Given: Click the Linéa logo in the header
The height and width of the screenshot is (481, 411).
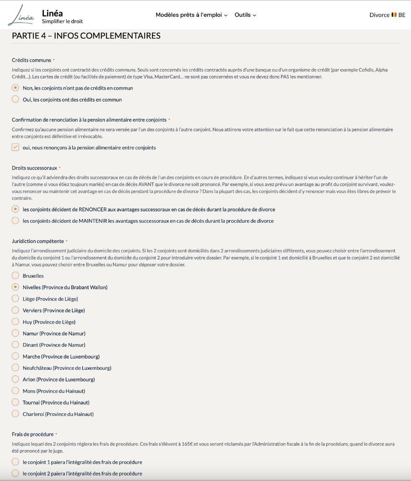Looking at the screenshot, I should point(22,15).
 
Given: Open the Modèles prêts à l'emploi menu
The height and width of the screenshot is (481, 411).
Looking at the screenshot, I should point(191,15).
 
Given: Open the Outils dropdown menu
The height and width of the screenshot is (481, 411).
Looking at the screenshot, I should point(245,15).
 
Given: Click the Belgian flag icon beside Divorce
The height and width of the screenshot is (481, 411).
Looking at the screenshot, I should point(394,15).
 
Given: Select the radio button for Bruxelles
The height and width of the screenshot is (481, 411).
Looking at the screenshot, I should point(15,276).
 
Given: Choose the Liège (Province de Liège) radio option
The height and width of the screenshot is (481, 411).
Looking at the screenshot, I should point(15,299).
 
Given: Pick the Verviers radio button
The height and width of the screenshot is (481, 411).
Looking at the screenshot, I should point(15,310).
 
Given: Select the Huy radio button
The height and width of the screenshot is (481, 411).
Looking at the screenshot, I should point(15,322).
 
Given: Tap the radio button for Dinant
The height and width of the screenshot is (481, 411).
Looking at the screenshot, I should point(15,345).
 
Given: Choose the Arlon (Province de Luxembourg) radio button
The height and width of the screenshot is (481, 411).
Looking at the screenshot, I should point(15,380).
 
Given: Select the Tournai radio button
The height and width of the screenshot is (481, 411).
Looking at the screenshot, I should point(15,403).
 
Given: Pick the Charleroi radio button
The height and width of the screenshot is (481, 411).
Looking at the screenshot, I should point(15,414).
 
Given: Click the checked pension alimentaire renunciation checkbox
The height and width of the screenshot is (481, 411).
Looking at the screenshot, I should point(15,148).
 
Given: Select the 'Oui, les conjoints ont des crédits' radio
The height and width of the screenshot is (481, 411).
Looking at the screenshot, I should point(15,100).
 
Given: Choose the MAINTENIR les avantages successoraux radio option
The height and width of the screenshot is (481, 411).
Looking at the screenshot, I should point(15,221).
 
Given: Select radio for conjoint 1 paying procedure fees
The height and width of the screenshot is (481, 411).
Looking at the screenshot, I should point(15,462).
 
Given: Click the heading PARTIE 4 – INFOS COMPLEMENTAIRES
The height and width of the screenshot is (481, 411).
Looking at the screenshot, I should point(86,36).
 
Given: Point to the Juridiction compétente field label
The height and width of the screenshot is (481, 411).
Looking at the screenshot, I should point(37,241).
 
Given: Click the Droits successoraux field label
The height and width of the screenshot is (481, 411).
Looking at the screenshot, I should point(34,168).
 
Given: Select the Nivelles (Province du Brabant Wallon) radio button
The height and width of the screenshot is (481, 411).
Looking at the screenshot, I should point(15,287).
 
